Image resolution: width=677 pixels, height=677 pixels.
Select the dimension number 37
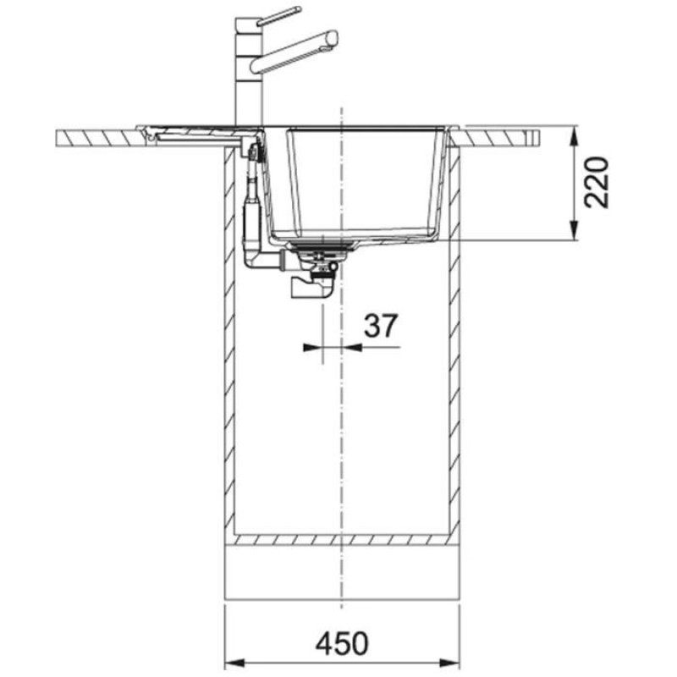click(x=380, y=326)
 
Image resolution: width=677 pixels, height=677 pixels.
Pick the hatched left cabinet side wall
click(x=228, y=338)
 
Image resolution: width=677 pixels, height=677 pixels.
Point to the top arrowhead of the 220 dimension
click(x=574, y=134)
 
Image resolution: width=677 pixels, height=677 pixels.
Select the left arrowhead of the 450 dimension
click(x=230, y=663)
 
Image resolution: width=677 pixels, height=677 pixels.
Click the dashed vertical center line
click(x=340, y=423)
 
